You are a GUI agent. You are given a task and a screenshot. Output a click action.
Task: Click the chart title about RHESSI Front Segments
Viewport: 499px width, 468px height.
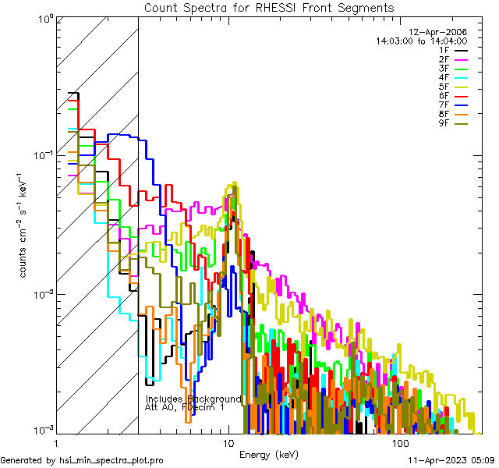270,8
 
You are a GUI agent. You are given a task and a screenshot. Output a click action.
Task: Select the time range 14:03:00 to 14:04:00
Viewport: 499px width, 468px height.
421,41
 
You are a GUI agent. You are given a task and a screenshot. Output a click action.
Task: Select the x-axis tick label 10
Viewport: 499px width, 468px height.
228,443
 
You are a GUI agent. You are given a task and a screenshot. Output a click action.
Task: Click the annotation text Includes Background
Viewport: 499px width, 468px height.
193,399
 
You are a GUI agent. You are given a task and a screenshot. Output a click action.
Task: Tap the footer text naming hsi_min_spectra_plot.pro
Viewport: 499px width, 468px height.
82,461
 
